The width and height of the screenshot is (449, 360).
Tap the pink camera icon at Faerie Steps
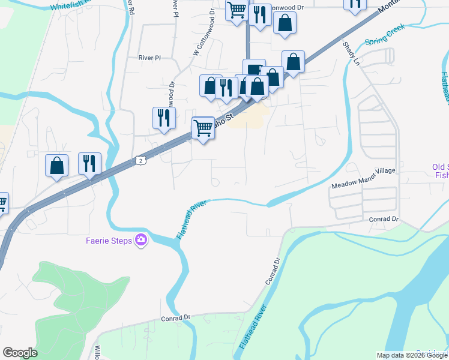click(141, 240)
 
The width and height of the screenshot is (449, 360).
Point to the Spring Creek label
click(385, 35)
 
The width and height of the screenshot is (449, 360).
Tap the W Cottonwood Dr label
click(203, 41)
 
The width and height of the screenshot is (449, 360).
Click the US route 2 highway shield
click(140, 160)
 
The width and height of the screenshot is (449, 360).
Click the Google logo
click(20, 353)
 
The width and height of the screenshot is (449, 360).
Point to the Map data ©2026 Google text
click(412, 355)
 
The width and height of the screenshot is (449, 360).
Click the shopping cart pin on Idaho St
click(203, 127)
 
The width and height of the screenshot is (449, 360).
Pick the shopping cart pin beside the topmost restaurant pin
click(237, 11)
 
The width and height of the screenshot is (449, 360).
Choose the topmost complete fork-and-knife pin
click(260, 14)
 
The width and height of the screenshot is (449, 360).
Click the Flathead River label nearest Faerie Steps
click(191, 220)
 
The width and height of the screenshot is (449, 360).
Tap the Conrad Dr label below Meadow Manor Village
click(384, 219)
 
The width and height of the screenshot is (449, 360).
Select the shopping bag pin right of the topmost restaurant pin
click(285, 23)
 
